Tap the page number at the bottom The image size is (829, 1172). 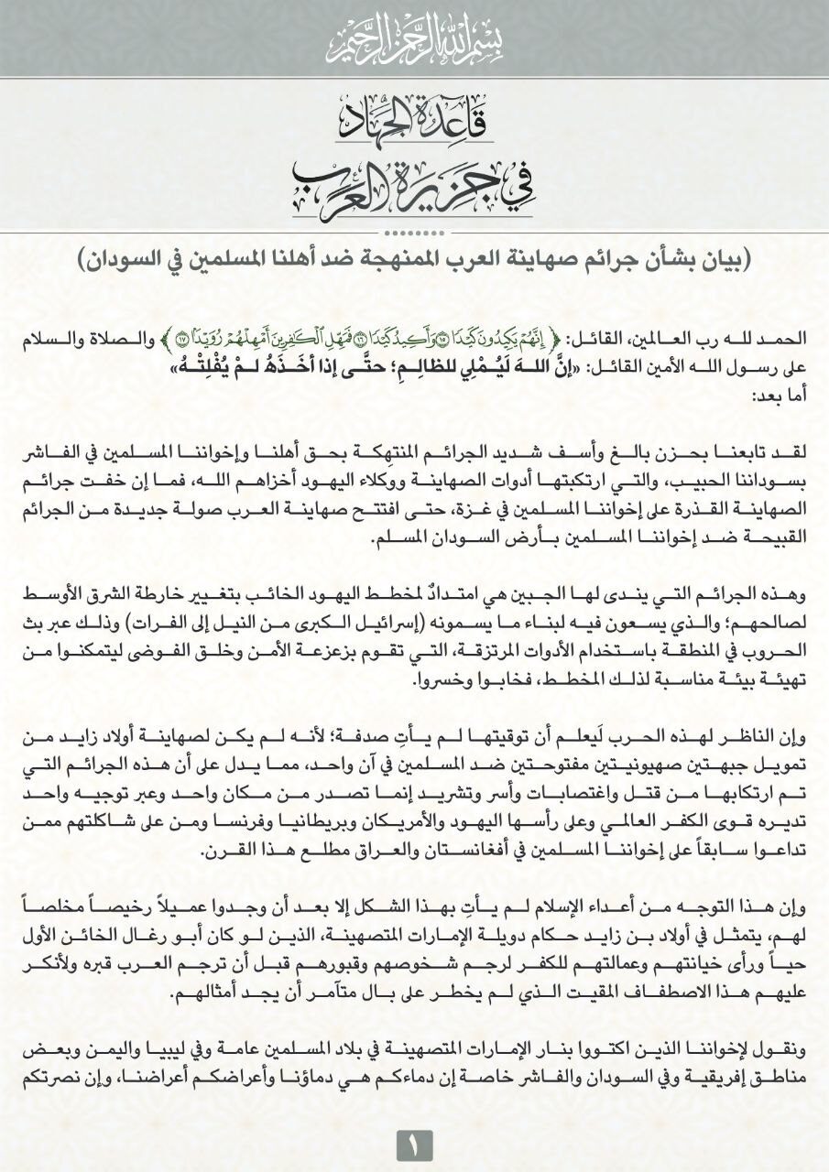click(414, 1144)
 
